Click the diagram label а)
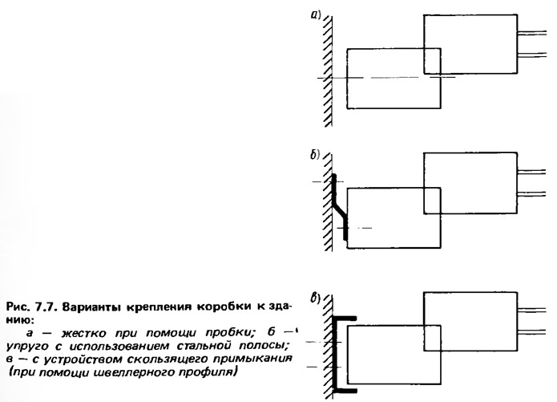coord(316,14)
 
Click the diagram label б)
coord(315,155)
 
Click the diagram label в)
coord(316,298)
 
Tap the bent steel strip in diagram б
coord(339,207)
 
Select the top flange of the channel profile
coord(345,319)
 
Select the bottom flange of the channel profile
coord(345,391)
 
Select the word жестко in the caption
coord(84,333)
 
